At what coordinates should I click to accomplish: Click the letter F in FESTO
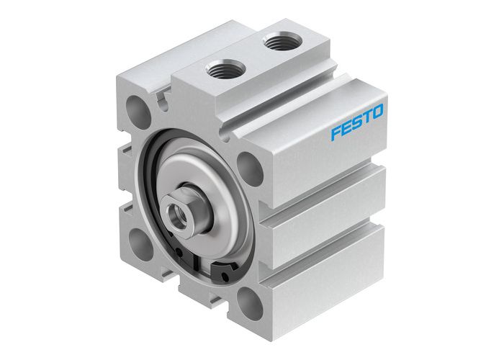click(336, 133)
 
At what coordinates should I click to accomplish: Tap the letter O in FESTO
click(377, 112)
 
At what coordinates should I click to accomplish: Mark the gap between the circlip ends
click(205, 270)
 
